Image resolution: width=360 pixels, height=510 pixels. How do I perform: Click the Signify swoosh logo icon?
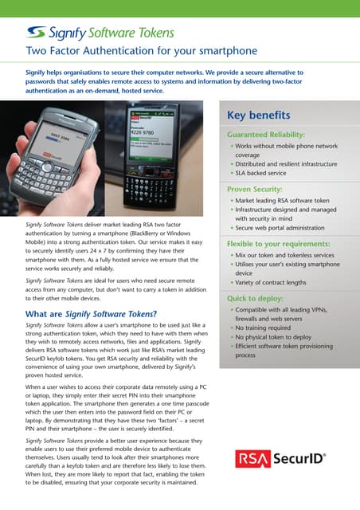click(35, 32)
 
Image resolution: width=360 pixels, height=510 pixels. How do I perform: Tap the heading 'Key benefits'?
click(258, 116)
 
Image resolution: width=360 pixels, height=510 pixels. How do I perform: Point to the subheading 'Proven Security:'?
click(256, 190)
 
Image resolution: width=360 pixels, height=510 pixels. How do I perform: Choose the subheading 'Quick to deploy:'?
click(256, 297)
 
